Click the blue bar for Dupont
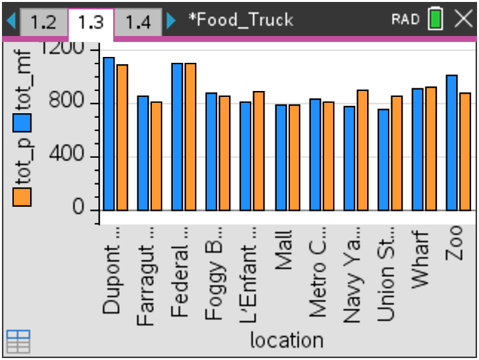pos(109,134)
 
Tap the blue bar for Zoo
pos(452,143)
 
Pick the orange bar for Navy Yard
pos(362,151)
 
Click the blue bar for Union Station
pos(383,160)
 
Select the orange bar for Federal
pos(190,137)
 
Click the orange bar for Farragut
pos(156,156)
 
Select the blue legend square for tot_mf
pos(23,122)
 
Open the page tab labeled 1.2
pos(43,22)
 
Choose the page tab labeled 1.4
pos(138,22)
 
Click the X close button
pos(463,20)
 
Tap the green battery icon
pos(435,20)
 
